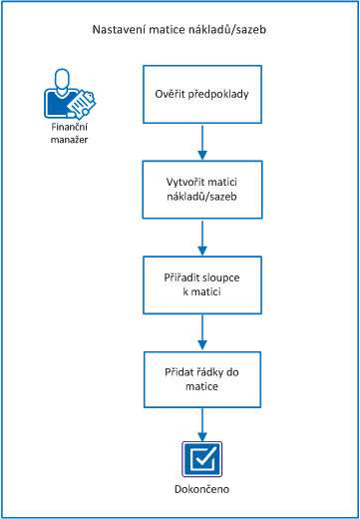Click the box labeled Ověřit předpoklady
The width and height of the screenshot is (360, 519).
pos(202,95)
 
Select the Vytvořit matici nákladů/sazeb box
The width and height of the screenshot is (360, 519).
pos(202,190)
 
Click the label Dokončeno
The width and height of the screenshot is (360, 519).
pos(202,490)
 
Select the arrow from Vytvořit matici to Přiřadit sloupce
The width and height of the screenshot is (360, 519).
pos(202,237)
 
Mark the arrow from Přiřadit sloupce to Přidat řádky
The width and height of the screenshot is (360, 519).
pos(202,330)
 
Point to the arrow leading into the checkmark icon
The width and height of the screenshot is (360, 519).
pos(202,423)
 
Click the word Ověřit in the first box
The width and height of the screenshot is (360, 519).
pos(171,96)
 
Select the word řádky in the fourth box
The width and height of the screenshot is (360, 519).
pos(207,370)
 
